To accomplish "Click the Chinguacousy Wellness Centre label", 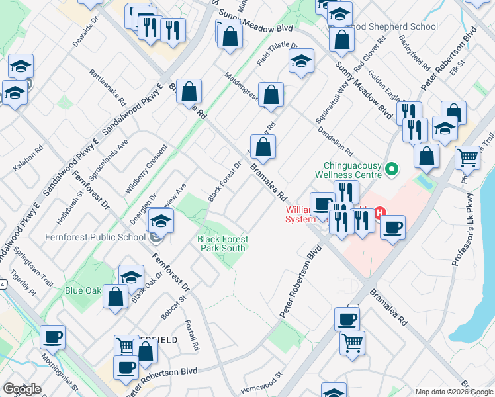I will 353,170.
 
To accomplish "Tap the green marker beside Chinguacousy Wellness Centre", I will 392,170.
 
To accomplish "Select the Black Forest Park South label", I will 222,243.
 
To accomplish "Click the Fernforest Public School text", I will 95,237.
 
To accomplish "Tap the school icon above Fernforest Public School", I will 161,221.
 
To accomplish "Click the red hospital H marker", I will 380,213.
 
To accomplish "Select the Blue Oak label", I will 83,290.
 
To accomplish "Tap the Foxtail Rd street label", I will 193,335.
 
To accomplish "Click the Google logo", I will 22,389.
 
